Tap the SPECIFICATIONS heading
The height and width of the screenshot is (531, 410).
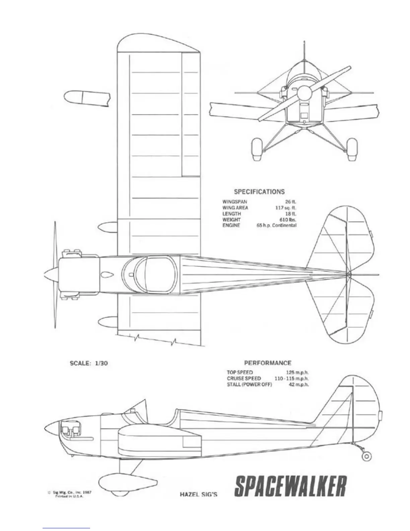tap(259, 192)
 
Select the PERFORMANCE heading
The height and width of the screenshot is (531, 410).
tap(267, 363)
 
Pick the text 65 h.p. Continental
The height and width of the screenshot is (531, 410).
tap(276, 226)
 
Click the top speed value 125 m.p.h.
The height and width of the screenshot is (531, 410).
tap(297, 372)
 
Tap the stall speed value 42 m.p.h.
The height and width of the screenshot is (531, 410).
tap(299, 384)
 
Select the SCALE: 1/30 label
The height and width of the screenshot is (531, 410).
tap(88, 363)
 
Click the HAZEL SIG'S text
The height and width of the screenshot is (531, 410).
tap(199, 494)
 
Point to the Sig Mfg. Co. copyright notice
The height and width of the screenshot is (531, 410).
tap(70, 494)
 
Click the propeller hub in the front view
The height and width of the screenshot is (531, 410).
tap(305, 92)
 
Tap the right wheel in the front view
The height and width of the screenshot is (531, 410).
tap(352, 150)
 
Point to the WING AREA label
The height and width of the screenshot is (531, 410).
tap(235, 208)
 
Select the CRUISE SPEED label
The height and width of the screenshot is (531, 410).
tap(244, 378)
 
